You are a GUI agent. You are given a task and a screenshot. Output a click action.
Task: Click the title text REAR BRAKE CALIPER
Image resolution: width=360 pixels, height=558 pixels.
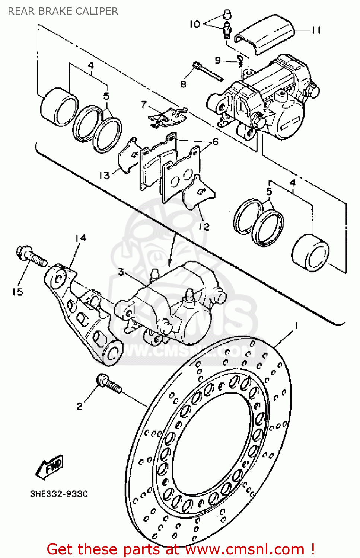(x=63, y=11)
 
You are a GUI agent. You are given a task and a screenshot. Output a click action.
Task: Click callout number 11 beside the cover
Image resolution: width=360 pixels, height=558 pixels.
(x=316, y=30)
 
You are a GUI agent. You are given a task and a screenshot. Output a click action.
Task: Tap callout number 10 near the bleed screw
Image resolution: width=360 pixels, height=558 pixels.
(x=195, y=24)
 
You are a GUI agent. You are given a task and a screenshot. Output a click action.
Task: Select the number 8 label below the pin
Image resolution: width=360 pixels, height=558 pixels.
(x=183, y=84)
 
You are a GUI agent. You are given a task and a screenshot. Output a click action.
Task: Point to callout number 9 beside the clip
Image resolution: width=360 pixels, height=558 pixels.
(x=218, y=60)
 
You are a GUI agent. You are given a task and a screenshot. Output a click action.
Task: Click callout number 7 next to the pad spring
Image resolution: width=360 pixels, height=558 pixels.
(x=144, y=105)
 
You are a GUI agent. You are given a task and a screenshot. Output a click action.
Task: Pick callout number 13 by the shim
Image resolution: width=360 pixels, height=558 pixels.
(x=104, y=175)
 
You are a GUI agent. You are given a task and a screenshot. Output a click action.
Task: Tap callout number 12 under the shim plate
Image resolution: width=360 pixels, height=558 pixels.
(x=204, y=227)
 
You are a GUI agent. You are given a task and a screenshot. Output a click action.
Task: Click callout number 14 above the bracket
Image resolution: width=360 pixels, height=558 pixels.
(x=81, y=238)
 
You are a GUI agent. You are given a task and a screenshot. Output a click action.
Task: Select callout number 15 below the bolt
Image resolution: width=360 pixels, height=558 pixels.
(x=17, y=292)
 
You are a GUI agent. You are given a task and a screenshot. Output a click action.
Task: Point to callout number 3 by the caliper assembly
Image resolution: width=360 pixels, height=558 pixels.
(x=121, y=272)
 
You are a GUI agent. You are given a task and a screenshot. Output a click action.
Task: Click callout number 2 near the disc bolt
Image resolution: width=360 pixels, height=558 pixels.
(x=79, y=406)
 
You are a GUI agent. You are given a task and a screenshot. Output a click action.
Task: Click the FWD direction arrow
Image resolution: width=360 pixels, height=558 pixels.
(x=50, y=467)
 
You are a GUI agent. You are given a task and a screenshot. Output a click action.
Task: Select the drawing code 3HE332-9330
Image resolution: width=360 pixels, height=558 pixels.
(x=59, y=494)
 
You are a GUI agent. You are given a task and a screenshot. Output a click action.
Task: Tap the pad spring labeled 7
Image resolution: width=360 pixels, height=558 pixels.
(x=168, y=117)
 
